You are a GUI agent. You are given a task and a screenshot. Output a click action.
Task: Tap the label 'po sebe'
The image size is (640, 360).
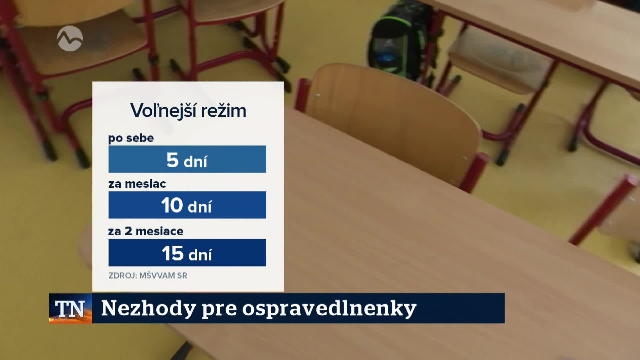coord(131,138)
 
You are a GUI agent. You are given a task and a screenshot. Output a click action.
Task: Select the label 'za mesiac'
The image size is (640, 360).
coord(137,184)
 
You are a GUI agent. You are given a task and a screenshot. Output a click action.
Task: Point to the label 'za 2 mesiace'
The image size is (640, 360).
coord(146,231)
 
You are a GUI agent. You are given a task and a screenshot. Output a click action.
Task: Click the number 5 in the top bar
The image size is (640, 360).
coord(172,160)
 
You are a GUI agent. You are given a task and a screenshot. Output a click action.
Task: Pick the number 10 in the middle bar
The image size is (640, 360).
coord(172,205)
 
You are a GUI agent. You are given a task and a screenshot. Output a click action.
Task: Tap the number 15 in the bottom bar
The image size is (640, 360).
coord(173,253)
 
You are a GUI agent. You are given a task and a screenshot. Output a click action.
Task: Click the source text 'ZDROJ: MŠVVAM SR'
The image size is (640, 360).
coord(148,276)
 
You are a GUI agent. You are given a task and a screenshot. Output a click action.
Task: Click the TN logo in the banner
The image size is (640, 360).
coord(70,309)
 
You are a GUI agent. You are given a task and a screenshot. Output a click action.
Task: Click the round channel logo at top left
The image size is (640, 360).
coord(70,38)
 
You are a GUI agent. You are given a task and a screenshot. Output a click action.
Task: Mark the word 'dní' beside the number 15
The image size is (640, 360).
coord(200,255)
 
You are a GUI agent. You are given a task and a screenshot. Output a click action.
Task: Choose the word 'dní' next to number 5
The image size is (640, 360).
coord(195,162)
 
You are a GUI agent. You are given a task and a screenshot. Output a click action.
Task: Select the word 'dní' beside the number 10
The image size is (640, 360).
coord(199,207)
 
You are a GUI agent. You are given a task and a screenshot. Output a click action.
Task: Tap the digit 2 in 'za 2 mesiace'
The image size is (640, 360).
coord(128,231)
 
